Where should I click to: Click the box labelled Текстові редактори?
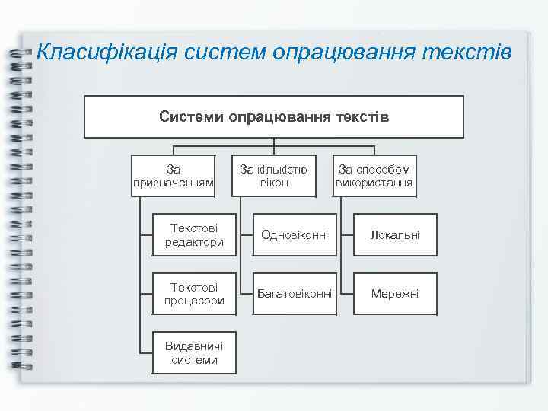pos(194,235)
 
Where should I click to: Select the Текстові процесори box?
pos(194,294)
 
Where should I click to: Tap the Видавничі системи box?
pos(194,352)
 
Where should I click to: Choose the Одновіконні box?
pos(295,235)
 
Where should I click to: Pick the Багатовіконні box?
pos(295,294)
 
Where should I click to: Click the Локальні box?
pos(394,235)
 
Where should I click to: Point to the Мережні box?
pos(394,294)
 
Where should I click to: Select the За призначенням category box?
pos(174,176)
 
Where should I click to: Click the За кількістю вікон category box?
pos(274,176)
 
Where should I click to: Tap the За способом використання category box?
pos(374,176)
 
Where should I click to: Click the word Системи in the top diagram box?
pos(187,117)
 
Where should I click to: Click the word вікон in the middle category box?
pos(274,183)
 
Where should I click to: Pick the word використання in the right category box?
pos(374,183)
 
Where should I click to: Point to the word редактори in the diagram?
pos(194,242)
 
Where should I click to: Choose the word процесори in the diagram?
pos(194,301)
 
